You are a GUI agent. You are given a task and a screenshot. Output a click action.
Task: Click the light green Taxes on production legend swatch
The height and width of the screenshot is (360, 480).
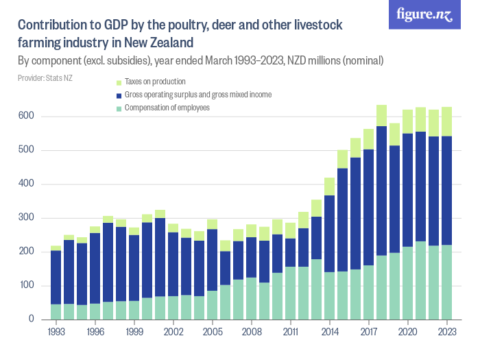tap(119, 82)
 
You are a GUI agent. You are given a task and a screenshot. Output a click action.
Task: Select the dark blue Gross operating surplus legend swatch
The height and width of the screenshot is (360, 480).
tap(119, 95)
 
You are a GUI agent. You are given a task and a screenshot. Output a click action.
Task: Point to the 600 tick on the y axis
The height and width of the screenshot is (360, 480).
tap(29, 117)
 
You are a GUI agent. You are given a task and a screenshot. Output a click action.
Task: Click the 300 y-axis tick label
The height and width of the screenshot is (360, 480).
tap(29, 218)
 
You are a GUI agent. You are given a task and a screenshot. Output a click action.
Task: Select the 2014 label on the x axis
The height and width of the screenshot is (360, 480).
tap(330, 331)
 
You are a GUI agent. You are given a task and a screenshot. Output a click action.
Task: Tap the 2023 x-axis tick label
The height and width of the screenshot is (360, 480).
tap(448, 331)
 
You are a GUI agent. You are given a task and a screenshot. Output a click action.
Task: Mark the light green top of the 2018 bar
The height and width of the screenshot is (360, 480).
tap(382, 115)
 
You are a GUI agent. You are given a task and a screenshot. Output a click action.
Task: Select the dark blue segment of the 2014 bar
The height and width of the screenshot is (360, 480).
tap(330, 233)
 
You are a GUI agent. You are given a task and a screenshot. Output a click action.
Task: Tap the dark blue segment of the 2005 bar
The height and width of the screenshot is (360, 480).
tap(213, 260)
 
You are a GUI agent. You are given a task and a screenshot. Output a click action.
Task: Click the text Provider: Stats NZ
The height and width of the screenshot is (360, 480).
tap(45, 77)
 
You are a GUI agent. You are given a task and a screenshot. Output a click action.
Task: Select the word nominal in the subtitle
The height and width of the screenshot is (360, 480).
tap(358, 61)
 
